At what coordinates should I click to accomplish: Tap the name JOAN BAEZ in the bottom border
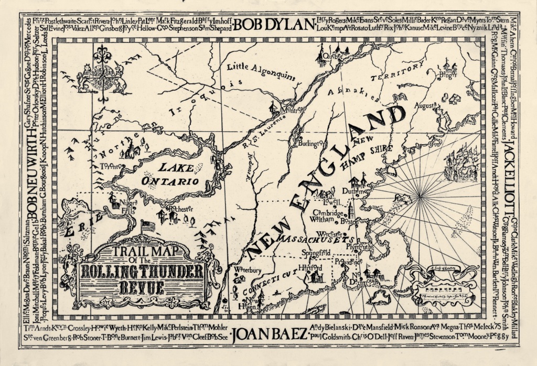[268, 334]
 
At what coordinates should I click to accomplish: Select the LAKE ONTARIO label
[178, 175]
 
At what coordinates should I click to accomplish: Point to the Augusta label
[425, 105]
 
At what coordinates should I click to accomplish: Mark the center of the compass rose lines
[420, 195]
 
